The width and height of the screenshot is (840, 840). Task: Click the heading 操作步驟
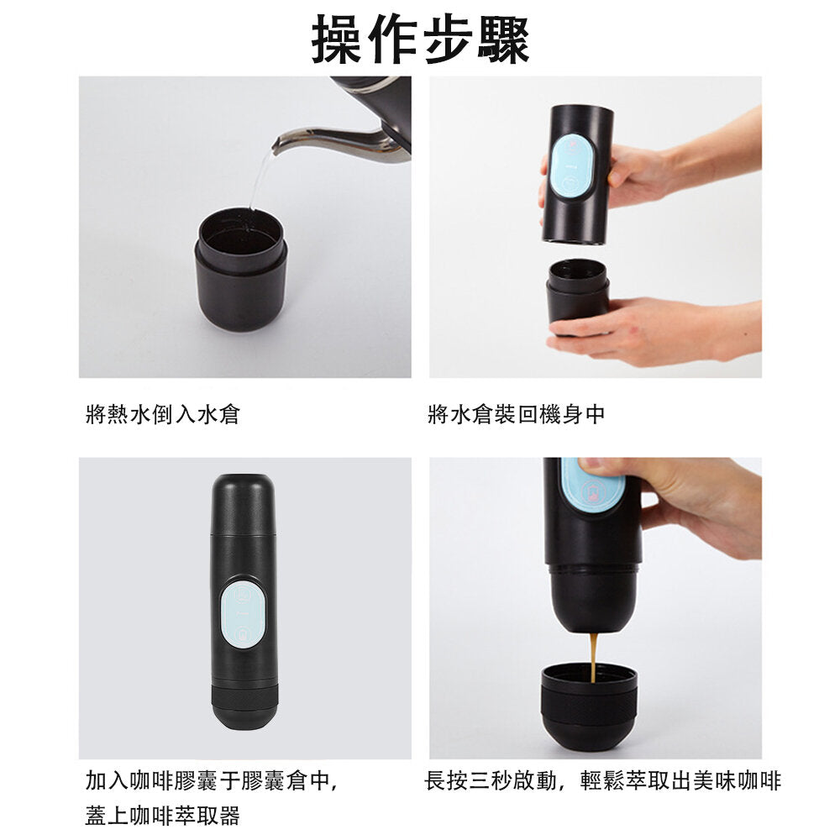point(420,39)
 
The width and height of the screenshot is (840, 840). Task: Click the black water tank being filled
point(241,270)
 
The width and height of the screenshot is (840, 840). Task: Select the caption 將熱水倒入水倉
point(162,414)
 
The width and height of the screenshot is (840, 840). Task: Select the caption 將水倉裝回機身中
point(517,414)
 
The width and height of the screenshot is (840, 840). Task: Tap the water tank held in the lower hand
point(578,297)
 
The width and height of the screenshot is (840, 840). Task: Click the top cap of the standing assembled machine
point(244,504)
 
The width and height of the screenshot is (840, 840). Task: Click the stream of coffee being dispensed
point(594,658)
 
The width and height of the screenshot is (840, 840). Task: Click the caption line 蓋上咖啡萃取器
point(162,816)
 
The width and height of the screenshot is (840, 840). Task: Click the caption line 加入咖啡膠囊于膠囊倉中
point(211,780)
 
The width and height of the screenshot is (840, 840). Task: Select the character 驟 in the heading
point(503,39)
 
